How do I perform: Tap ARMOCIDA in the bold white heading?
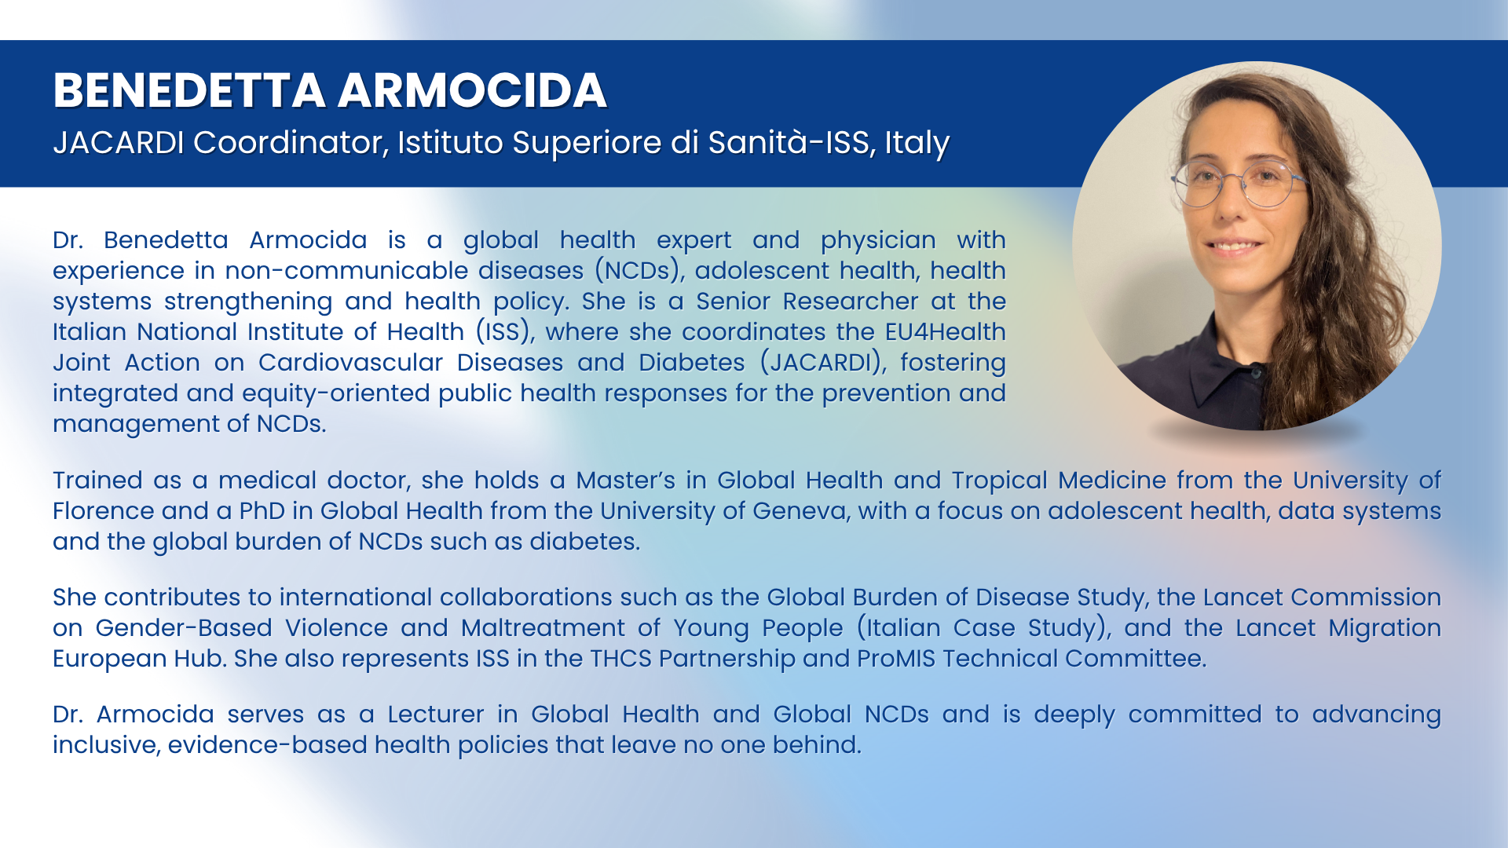(x=473, y=90)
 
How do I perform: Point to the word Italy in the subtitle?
(x=917, y=144)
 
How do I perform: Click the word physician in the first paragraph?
(x=878, y=240)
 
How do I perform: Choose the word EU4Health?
(x=945, y=331)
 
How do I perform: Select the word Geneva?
(x=800, y=511)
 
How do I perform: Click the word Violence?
(x=336, y=628)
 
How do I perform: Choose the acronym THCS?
(x=620, y=659)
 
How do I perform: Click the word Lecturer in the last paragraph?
(x=436, y=715)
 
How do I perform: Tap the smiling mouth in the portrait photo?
(x=1233, y=245)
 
